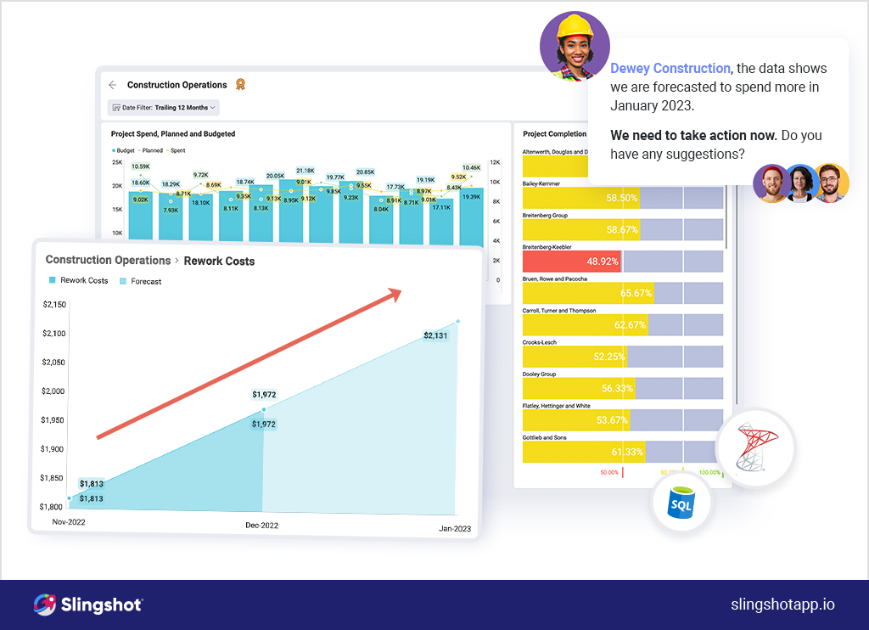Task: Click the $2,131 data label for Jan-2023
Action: tap(434, 335)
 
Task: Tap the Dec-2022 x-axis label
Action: tap(262, 525)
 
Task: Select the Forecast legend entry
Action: tap(145, 281)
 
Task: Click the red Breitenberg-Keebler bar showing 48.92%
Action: tap(572, 262)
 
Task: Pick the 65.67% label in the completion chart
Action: tap(636, 294)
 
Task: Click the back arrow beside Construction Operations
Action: tap(113, 85)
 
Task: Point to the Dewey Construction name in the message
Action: tap(670, 69)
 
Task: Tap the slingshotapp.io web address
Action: tap(782, 605)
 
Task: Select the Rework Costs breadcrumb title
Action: tap(219, 261)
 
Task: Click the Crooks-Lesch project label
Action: tap(540, 342)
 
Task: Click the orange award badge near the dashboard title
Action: tap(240, 84)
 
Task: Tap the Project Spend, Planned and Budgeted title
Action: tap(173, 134)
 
